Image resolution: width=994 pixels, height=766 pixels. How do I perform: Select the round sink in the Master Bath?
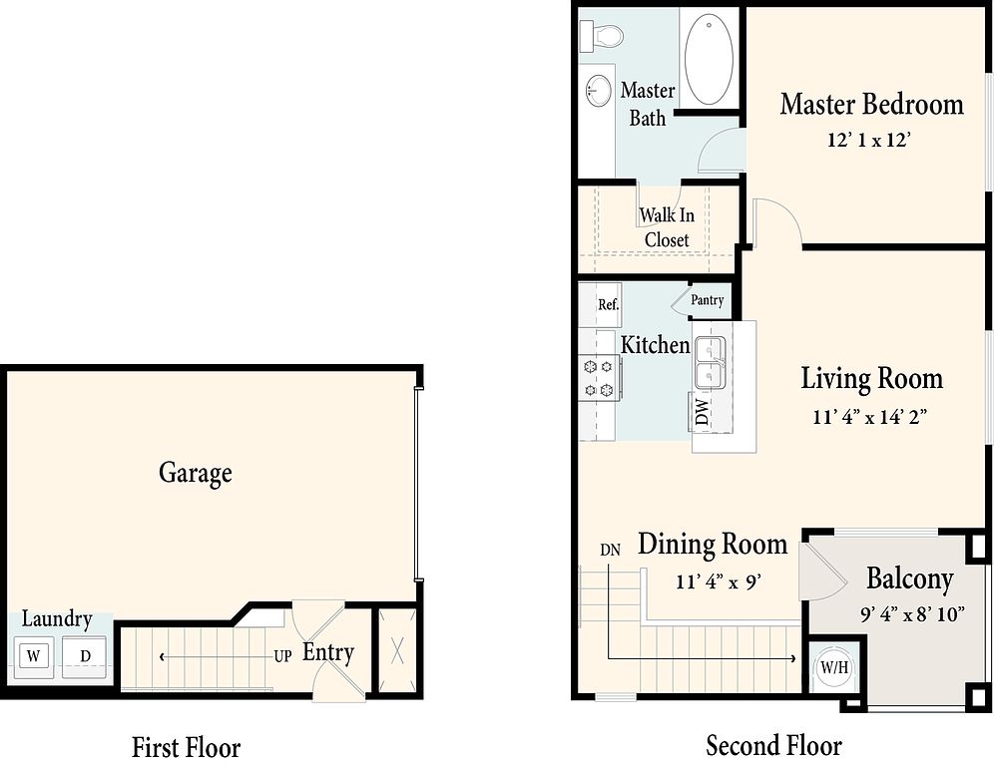pos(597,92)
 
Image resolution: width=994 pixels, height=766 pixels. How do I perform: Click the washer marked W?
pos(34,656)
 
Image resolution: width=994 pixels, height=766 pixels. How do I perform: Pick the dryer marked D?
pos(85,656)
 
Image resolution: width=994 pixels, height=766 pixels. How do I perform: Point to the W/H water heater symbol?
pos(834,668)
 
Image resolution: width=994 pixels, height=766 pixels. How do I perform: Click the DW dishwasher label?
pos(703,411)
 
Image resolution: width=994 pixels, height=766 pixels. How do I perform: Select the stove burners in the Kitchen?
pos(599,378)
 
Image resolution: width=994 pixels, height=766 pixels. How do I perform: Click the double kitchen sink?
pos(710,362)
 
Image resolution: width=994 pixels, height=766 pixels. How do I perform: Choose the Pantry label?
pos(707,300)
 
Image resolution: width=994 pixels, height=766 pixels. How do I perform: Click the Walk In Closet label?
pos(667,227)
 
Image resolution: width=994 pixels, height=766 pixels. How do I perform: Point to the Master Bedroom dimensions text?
pos(868,140)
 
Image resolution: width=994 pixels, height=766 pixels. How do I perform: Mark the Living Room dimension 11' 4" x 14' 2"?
pos(870,417)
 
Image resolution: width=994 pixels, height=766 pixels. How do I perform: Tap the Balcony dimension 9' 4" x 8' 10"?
pos(913,613)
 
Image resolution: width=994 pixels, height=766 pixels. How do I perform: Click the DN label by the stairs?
pos(610,550)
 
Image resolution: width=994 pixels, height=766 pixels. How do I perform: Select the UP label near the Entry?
pos(282,655)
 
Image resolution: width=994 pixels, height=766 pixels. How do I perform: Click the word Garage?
pos(196,474)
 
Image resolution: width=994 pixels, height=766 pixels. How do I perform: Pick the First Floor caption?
pos(186,747)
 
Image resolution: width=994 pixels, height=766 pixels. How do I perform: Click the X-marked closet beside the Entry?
pos(397,650)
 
